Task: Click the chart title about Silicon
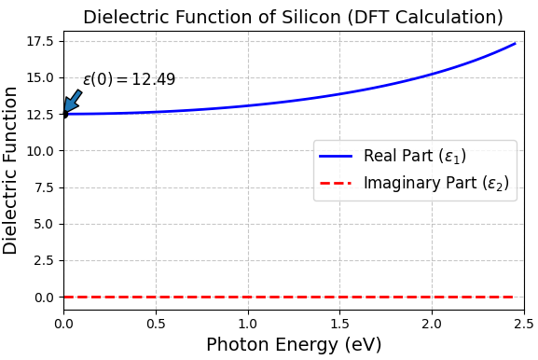tap(293, 17)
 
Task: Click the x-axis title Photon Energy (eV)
tap(293, 345)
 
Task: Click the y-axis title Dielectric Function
tap(11, 170)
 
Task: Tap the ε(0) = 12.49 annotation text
tap(129, 80)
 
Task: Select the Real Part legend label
tap(414, 156)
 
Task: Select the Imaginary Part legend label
tap(435, 183)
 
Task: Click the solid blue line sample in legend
tap(336, 156)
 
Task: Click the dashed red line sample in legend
tap(336, 183)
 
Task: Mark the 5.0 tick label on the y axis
tap(45, 224)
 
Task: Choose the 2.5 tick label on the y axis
tap(45, 260)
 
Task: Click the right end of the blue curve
tap(515, 43)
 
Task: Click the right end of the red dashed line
tap(514, 297)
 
